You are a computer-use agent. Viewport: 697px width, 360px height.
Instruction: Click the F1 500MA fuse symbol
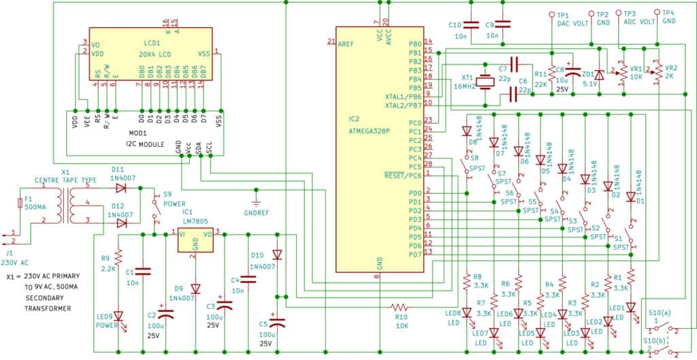click(20, 202)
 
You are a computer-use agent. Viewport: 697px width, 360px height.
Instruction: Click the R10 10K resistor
click(401, 306)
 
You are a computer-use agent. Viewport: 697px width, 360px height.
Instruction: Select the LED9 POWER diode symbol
click(118, 316)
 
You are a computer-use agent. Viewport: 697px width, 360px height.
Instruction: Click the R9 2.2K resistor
click(118, 257)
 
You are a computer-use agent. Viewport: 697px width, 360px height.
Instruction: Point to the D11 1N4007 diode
click(120, 187)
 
